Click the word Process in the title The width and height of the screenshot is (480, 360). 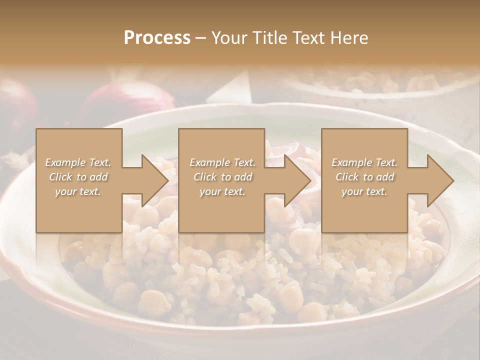[x=157, y=38]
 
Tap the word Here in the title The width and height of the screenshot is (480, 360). [x=350, y=38]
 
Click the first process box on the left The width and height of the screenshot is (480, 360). [x=79, y=210]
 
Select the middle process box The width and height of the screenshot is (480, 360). [x=221, y=210]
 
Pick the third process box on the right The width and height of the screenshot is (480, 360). [x=364, y=210]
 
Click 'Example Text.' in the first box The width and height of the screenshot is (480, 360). [x=78, y=162]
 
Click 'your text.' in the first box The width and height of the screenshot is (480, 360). [x=78, y=191]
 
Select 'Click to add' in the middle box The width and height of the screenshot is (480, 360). [x=222, y=177]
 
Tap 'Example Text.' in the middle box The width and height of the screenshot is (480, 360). [x=222, y=162]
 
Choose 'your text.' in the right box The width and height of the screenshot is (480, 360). [x=364, y=191]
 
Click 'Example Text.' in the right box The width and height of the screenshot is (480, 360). [x=364, y=162]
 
